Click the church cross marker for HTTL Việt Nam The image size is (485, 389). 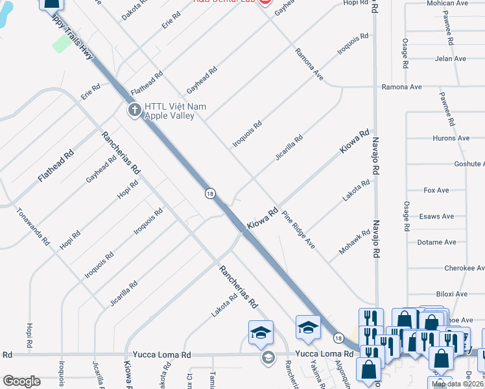click(x=135, y=110)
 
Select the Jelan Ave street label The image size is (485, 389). click(x=451, y=59)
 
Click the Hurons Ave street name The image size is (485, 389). click(x=450, y=138)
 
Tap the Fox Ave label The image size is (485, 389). click(x=436, y=191)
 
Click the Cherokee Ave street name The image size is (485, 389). click(x=464, y=268)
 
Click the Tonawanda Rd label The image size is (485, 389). click(x=34, y=226)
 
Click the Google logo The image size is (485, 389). click(x=21, y=381)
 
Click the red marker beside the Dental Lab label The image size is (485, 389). click(x=263, y=3)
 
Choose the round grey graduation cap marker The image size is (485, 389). click(x=267, y=357)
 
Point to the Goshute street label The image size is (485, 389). click(x=469, y=164)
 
